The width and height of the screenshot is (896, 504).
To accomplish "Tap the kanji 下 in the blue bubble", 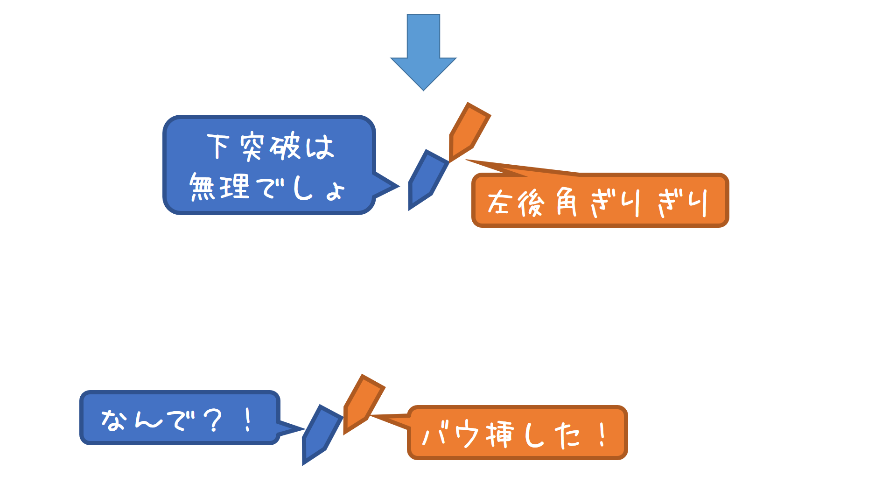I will pos(218,147).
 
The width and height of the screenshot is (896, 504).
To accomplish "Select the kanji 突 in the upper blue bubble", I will pos(252,147).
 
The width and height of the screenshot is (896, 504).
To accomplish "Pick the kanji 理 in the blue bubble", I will pos(235,187).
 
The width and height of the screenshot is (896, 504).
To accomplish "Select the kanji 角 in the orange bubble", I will pos(567,202).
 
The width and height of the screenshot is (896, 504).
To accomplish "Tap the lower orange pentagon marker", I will pos(363,404).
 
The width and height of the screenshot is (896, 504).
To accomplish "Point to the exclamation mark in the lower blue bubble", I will pos(248,420).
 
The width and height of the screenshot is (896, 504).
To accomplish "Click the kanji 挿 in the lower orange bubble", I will pos(500,434).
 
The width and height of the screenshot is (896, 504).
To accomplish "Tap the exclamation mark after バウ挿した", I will pos(602,434).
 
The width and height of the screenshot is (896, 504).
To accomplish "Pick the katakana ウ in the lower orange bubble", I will pos(467,434).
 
